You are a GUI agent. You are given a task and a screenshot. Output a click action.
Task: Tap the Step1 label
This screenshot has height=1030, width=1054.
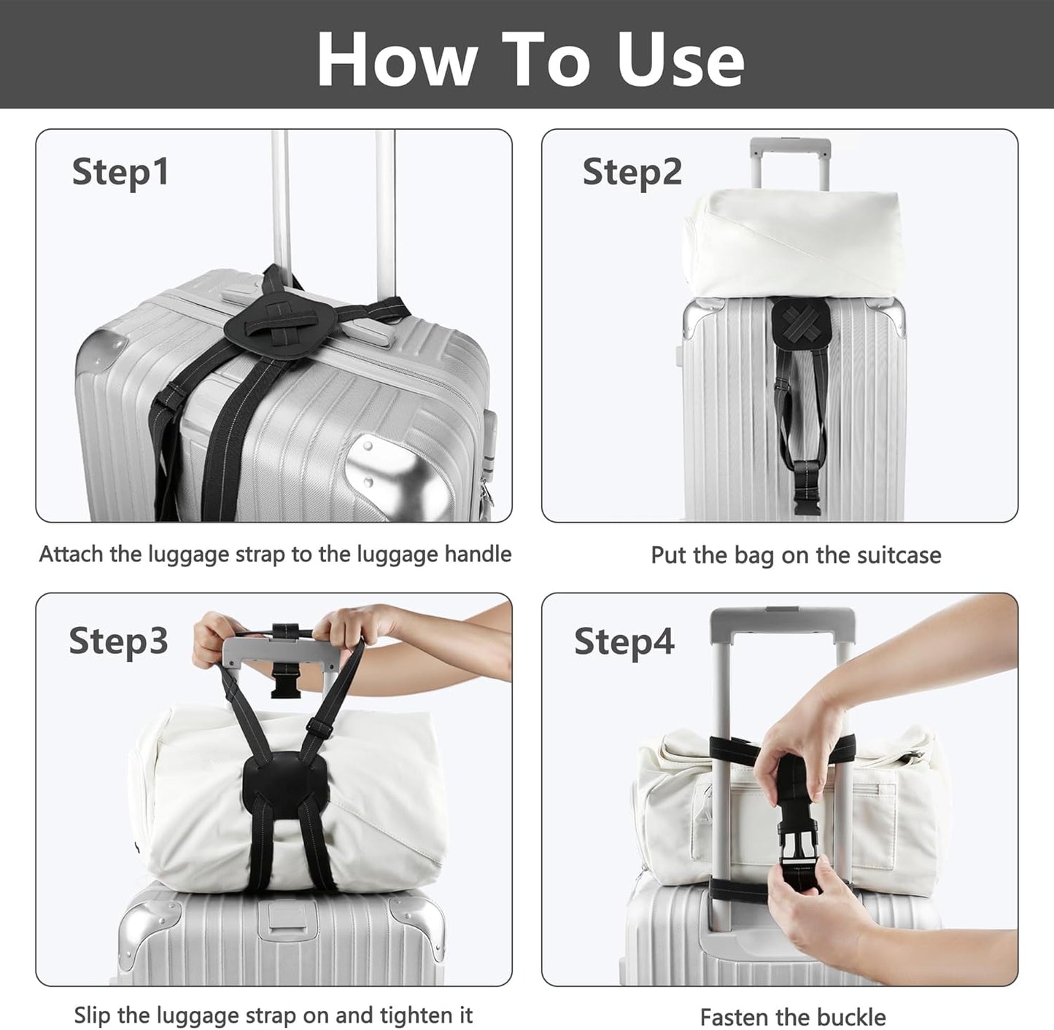pyautogui.click(x=120, y=173)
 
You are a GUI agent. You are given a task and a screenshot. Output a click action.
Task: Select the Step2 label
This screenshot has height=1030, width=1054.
pyautogui.click(x=632, y=173)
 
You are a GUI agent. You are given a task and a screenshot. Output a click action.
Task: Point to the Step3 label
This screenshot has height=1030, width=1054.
pyautogui.click(x=118, y=641)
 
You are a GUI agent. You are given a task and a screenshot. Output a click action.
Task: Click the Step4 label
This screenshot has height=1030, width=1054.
pyautogui.click(x=624, y=641)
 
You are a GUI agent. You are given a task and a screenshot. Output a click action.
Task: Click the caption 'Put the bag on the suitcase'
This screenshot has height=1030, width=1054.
pyautogui.click(x=796, y=555)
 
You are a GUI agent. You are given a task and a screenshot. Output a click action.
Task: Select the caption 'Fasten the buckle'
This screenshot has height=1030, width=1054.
pyautogui.click(x=793, y=1017)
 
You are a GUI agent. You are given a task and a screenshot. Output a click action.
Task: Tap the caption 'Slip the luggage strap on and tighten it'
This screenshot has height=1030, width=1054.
pyautogui.click(x=274, y=1015)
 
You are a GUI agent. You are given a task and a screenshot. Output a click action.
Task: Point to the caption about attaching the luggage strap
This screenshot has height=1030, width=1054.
pyautogui.click(x=275, y=555)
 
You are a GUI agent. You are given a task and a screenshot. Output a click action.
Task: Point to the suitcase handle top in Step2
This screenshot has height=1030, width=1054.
pyautogui.click(x=791, y=144)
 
